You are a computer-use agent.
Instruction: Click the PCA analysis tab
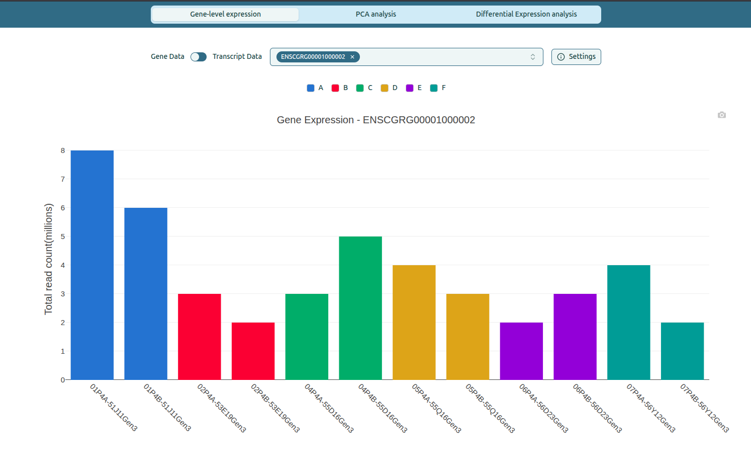[375, 14]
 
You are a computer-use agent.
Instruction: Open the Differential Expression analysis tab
[526, 14]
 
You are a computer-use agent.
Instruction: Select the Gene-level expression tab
[225, 14]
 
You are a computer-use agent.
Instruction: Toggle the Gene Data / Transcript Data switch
[199, 57]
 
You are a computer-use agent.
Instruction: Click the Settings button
[576, 57]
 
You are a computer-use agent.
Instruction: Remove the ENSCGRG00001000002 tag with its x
[352, 57]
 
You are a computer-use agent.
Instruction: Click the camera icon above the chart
[722, 115]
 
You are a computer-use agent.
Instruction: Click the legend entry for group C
[365, 88]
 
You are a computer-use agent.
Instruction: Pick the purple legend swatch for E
[410, 88]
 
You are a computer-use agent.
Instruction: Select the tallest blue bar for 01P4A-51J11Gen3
[92, 265]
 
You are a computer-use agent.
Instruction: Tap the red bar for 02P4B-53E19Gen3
[253, 351]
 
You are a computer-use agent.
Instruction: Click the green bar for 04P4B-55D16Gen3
[360, 308]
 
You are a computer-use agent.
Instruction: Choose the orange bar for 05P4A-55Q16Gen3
[414, 322]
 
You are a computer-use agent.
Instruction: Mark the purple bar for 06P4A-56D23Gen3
[521, 351]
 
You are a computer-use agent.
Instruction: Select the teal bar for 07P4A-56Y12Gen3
[628, 322]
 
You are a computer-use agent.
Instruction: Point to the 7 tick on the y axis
[63, 179]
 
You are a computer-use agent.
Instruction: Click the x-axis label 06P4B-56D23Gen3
[597, 408]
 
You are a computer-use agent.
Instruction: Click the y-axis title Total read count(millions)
[49, 259]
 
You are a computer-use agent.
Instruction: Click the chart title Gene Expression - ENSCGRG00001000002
[375, 120]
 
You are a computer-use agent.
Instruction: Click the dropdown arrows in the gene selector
[533, 57]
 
